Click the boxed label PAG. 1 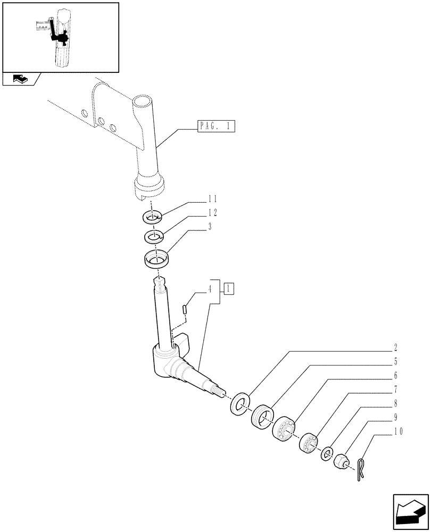tap(216, 127)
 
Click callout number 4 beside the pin tap(210, 290)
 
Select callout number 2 tap(396, 348)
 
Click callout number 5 tap(396, 362)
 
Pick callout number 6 tap(396, 376)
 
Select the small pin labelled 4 tap(184, 308)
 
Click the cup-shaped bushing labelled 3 tap(156, 260)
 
